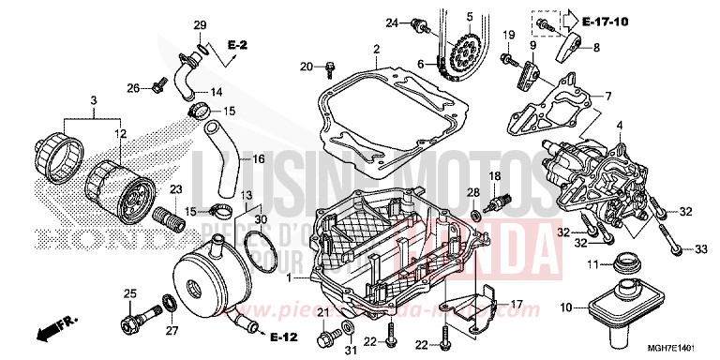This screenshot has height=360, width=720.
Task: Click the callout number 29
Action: click(200, 24)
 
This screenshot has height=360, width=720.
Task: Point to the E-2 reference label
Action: click(237, 45)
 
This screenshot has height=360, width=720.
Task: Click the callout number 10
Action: click(565, 307)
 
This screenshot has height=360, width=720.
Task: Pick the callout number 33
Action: click(700, 248)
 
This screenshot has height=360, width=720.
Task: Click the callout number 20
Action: click(306, 65)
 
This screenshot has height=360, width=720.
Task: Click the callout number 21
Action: click(322, 312)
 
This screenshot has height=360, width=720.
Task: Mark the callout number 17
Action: click(516, 304)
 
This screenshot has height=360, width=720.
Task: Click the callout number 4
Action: click(618, 125)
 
